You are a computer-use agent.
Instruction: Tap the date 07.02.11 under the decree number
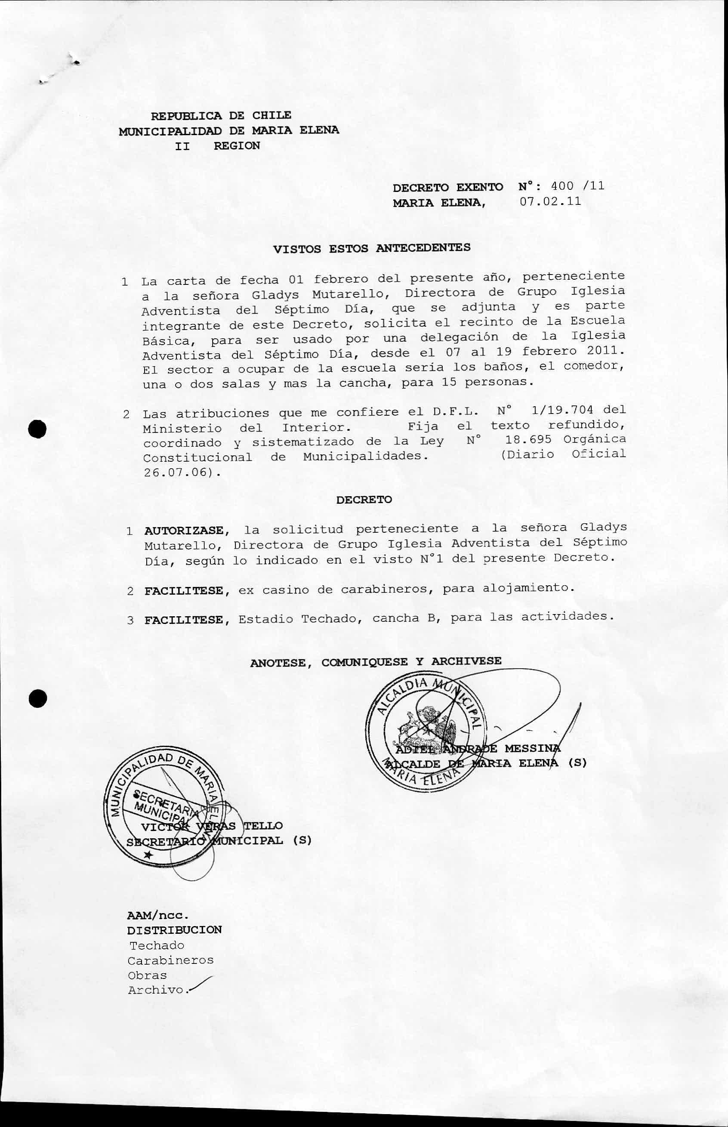pos(550,201)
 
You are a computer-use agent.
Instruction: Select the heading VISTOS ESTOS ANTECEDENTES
pos(372,248)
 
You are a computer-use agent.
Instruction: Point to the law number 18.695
pos(528,439)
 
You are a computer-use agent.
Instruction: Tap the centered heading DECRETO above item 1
pos(364,500)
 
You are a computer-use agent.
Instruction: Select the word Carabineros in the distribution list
pos(171,960)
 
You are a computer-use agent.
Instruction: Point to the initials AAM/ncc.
pos(158,915)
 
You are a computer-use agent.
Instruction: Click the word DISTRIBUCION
pos(174,930)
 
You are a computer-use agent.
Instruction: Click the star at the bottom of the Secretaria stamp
pos(148,854)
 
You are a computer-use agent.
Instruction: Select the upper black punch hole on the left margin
pos(37,428)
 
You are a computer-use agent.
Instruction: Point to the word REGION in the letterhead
pos(237,145)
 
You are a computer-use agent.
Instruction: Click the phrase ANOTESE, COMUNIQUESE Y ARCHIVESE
pos(376,662)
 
